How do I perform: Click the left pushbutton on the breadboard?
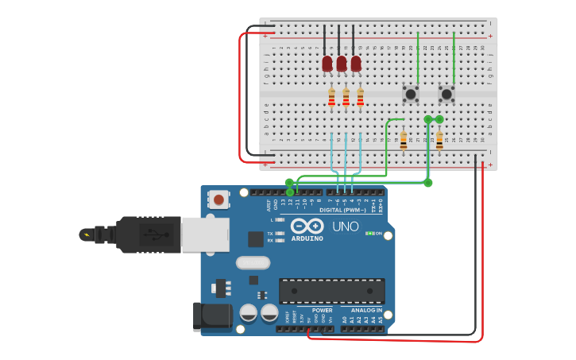pyautogui.click(x=410, y=94)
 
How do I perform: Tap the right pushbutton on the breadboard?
pyautogui.click(x=446, y=94)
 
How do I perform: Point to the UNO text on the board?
pyautogui.click(x=345, y=226)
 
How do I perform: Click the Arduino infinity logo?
pyautogui.click(x=307, y=226)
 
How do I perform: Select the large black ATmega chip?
pyautogui.click(x=331, y=290)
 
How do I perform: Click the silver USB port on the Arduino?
pyautogui.click(x=205, y=234)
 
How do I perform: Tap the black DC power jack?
pyautogui.click(x=212, y=316)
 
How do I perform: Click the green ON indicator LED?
pyautogui.click(x=369, y=234)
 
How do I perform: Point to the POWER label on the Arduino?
pyautogui.click(x=322, y=310)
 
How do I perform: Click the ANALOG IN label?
pyautogui.click(x=361, y=310)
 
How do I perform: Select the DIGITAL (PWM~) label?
pyautogui.click(x=342, y=210)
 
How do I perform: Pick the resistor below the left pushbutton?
pyautogui.click(x=403, y=141)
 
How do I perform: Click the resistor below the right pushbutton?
pyautogui.click(x=439, y=141)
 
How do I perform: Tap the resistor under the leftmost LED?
pyautogui.click(x=331, y=98)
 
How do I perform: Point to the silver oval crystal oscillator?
pyautogui.click(x=253, y=262)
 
